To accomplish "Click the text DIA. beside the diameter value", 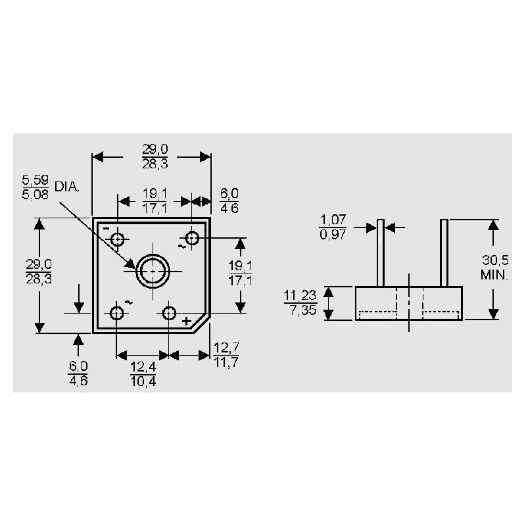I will pos(68,187).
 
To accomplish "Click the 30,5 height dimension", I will pos(494,261).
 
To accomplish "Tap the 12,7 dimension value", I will pos(226,347).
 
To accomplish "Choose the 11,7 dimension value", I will pos(226,362).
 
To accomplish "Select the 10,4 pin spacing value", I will pos(142,380).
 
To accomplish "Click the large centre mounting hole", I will pos(153,270).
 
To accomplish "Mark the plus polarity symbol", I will pos(187,321).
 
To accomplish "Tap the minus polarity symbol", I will pos(106,227).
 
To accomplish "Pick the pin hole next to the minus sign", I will pos(118,239).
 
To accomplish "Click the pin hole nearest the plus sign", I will pos(170,312).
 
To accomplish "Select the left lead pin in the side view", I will pos(380,253).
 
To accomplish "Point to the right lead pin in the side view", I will pos(445,253).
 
